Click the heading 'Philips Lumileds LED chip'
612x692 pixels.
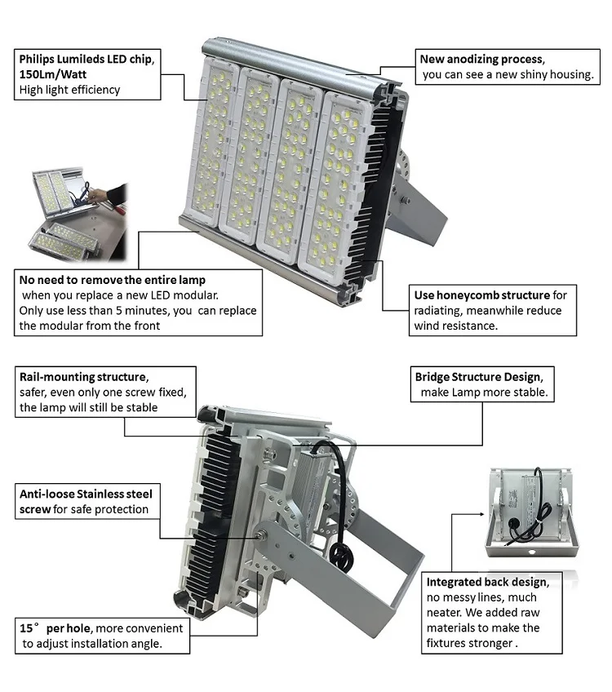click(86, 59)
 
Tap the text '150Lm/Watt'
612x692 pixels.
click(51, 74)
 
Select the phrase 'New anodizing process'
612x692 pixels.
click(481, 59)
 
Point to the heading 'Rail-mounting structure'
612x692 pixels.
click(83, 377)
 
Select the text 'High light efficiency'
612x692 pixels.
click(69, 90)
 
